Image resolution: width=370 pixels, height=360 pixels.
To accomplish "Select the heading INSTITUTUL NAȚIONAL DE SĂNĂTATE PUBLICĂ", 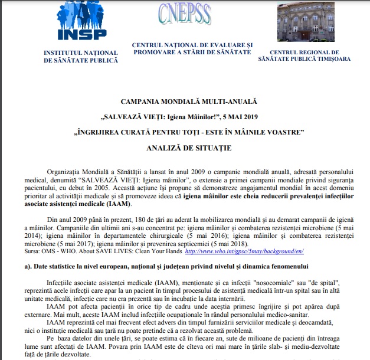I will click(81, 57).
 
